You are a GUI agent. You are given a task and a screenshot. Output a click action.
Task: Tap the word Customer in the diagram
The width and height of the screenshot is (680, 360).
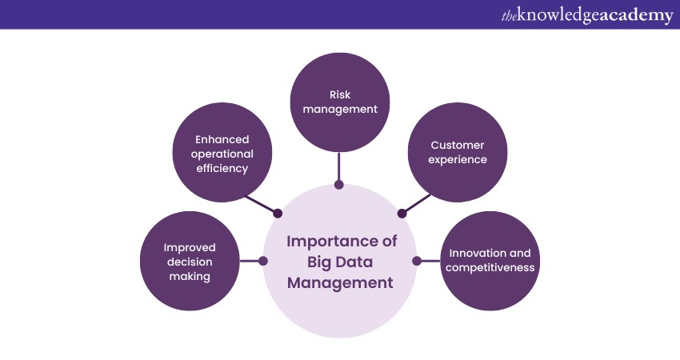[457, 145]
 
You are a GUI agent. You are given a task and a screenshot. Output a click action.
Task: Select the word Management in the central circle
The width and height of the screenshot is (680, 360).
[341, 282]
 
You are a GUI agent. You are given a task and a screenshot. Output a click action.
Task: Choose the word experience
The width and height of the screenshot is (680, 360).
[457, 159]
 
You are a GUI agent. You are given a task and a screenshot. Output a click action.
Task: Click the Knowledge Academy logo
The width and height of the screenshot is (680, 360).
[586, 15]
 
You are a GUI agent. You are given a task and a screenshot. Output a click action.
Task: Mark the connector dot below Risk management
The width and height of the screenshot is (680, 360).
[339, 185]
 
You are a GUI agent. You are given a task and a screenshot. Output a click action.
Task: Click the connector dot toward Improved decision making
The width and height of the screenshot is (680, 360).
[264, 261]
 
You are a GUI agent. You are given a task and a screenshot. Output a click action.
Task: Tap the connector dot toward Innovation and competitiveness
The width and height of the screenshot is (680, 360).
[416, 261]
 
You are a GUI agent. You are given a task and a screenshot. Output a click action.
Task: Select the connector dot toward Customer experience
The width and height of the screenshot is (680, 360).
[402, 214]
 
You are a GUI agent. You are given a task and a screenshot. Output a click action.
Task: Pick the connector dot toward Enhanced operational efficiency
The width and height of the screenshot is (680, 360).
[278, 214]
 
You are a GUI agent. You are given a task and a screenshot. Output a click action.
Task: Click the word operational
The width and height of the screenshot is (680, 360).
[213, 153]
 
